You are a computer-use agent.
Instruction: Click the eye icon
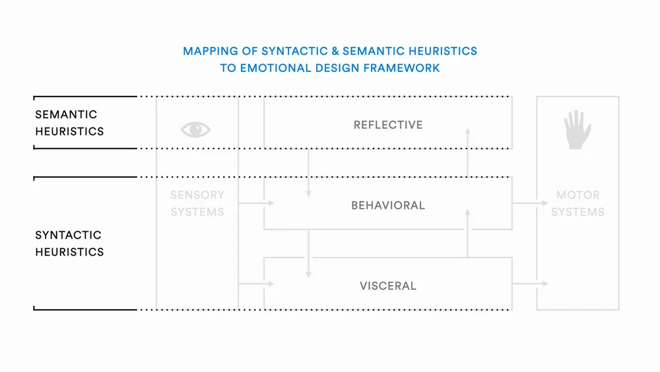pyautogui.click(x=195, y=130)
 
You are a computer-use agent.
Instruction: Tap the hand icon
pyautogui.click(x=577, y=129)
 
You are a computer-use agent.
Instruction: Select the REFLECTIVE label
pyautogui.click(x=388, y=125)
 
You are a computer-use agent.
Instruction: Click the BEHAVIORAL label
pyautogui.click(x=388, y=205)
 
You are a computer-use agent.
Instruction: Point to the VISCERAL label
pyautogui.click(x=388, y=286)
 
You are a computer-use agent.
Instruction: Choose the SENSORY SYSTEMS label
pyautogui.click(x=197, y=204)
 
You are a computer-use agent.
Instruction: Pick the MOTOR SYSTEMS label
pyautogui.click(x=577, y=204)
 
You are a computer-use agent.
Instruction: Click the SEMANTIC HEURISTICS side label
pyautogui.click(x=69, y=123)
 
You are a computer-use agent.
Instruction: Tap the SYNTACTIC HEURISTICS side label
pyautogui.click(x=69, y=243)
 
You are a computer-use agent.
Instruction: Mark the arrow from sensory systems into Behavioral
pyautogui.click(x=256, y=204)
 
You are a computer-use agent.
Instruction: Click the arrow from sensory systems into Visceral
pyautogui.click(x=256, y=284)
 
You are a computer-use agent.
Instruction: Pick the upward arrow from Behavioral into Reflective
pyautogui.click(x=467, y=152)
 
